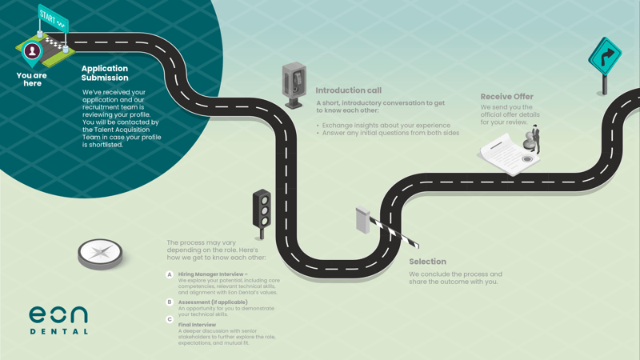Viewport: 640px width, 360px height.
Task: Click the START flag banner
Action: tap(53, 18)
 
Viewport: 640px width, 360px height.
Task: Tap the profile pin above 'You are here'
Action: tap(32, 52)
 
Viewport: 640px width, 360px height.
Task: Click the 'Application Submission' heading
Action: tap(105, 73)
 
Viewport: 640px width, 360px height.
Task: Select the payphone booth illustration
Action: tap(294, 83)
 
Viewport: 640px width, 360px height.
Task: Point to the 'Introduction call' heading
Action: tap(348, 90)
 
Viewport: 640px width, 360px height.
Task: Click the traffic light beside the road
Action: tap(262, 210)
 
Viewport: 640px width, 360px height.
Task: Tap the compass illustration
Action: tap(101, 253)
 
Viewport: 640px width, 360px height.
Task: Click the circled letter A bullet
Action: tap(170, 274)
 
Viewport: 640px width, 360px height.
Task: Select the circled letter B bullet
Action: tap(170, 302)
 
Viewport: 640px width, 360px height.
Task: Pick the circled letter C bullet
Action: tap(170, 319)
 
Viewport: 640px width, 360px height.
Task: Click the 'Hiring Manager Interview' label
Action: tap(213, 274)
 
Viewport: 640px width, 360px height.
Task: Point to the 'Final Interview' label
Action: tap(198, 325)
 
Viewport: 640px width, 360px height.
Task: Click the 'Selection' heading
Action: tap(427, 262)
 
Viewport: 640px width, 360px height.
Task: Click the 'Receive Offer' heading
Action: tap(506, 97)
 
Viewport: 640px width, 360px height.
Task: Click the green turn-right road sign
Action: tap(605, 58)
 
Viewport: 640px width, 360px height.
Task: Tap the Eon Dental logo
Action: tap(58, 319)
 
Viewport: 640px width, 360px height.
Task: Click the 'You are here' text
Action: tap(32, 79)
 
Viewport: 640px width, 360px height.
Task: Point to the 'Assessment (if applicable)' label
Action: tap(213, 302)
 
